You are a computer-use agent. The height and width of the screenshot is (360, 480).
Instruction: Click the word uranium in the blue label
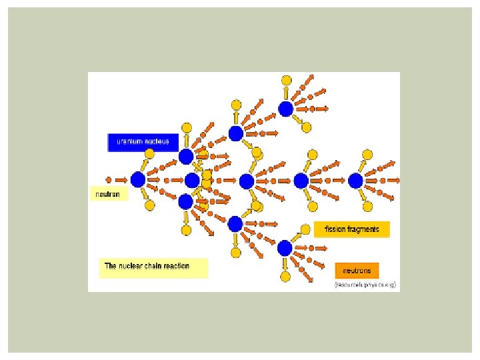129,141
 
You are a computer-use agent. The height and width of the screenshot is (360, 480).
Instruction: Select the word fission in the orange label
335,229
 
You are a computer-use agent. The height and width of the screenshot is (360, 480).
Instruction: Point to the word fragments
363,229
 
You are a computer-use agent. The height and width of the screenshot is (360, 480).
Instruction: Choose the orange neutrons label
357,270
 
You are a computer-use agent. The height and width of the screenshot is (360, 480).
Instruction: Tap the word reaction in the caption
174,266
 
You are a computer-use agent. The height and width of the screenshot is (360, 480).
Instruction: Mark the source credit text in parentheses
365,285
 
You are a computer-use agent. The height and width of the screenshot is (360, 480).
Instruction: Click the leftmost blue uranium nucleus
138,179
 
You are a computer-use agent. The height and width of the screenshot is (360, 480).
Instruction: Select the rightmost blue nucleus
355,181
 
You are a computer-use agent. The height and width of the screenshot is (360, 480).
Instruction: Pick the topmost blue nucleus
286,109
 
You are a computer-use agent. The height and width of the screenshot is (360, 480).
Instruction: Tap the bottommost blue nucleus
285,249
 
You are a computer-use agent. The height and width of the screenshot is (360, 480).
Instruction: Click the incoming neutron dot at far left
109,179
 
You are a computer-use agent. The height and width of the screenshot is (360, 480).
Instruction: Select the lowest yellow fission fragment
285,276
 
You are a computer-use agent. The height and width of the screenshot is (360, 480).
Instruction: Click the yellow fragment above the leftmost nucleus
150,154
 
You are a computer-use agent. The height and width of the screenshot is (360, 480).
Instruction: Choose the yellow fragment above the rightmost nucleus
366,154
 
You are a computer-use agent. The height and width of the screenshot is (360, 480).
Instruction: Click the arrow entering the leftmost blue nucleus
122,179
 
